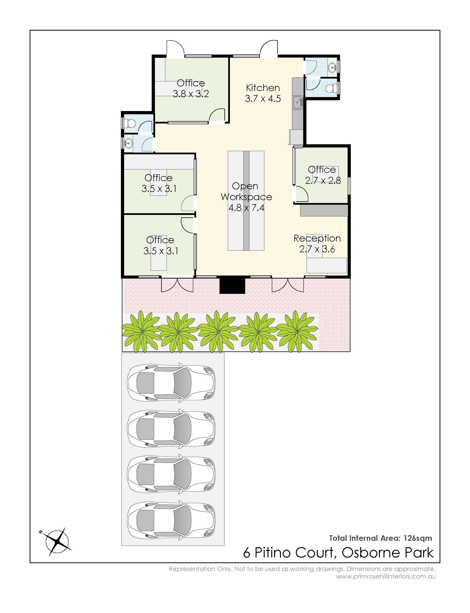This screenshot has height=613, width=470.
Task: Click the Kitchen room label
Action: coord(263,88)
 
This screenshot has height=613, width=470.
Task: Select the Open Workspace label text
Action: coord(246,191)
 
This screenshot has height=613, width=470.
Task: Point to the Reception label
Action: coord(317,239)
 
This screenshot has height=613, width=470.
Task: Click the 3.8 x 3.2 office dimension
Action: coord(191,94)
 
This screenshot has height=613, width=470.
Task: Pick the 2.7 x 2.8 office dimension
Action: coord(323,181)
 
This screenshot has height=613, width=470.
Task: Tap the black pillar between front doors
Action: coord(232,285)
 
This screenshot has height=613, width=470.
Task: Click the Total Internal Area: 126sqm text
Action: coord(380,538)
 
